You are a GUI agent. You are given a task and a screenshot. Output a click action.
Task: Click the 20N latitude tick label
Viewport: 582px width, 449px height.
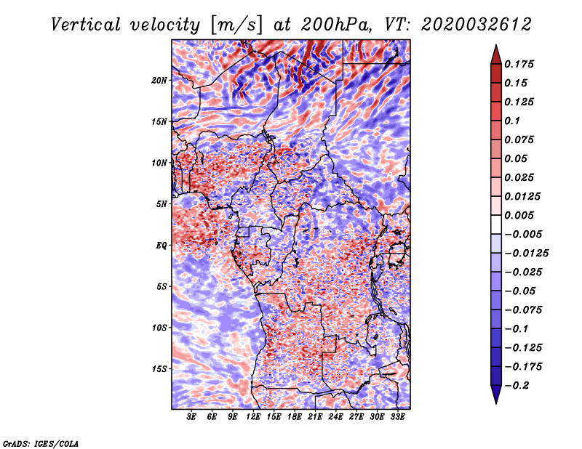point(159,81)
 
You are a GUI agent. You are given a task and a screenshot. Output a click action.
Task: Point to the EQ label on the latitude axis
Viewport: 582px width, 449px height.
point(162,246)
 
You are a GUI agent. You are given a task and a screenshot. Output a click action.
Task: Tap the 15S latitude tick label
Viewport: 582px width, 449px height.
point(159,369)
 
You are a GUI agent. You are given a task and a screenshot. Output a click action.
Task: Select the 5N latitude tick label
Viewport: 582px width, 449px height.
point(162,204)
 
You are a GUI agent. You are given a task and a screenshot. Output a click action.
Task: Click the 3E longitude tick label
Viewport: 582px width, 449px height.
point(191,417)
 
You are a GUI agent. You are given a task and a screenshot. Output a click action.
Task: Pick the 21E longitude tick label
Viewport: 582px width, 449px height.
point(315,417)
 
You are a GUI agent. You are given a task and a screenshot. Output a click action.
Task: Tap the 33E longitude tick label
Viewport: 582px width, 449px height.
point(397,417)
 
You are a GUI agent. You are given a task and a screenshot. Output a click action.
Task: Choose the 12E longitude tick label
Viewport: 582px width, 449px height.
point(253,417)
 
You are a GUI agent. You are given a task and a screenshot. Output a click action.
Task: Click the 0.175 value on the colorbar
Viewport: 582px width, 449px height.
point(519,64)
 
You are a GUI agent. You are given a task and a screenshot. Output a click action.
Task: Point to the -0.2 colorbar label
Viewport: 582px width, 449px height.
point(517,386)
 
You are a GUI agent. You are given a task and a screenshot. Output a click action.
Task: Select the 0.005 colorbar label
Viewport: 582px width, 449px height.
point(519,215)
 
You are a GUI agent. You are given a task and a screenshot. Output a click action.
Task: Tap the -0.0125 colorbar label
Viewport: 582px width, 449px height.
point(526,254)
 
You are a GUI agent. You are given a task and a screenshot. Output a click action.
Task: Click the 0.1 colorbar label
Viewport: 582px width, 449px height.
point(512,121)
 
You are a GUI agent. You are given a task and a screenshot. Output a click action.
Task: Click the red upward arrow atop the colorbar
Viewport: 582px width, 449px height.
point(496,54)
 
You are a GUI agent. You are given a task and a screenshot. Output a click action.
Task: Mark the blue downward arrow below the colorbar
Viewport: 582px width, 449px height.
point(496,395)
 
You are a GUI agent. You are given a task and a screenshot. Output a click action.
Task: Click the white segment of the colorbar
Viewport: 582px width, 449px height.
point(496,224)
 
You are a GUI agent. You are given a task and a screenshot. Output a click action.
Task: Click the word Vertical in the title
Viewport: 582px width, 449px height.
point(86,25)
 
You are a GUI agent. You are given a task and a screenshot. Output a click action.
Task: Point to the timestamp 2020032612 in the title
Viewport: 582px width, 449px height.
point(477,25)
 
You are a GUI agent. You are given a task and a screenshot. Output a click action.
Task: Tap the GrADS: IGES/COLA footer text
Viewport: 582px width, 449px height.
point(41,443)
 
